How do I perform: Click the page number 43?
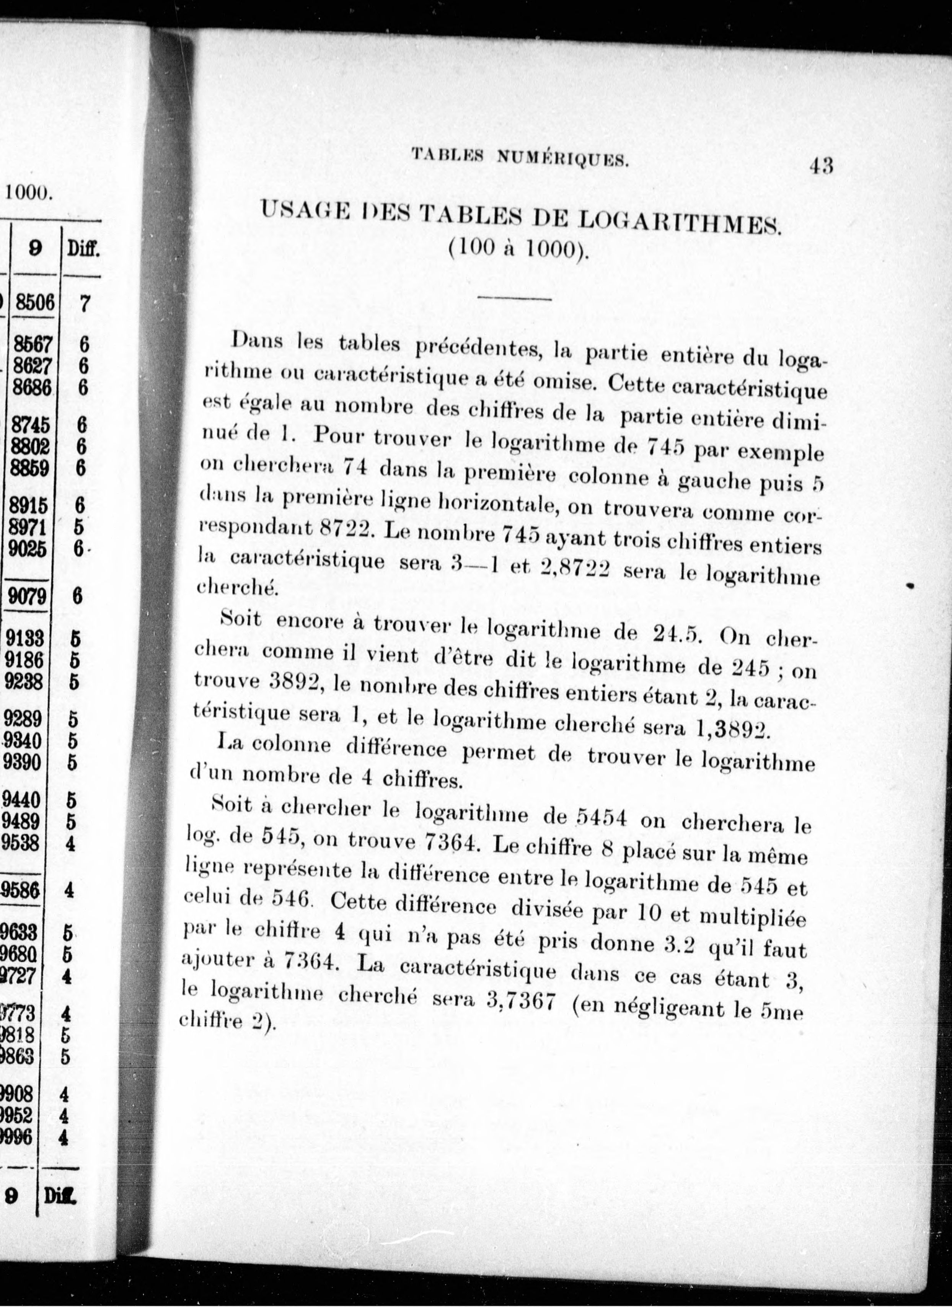click(x=821, y=166)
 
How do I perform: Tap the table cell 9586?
click(x=20, y=890)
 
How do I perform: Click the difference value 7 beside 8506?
click(x=83, y=304)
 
